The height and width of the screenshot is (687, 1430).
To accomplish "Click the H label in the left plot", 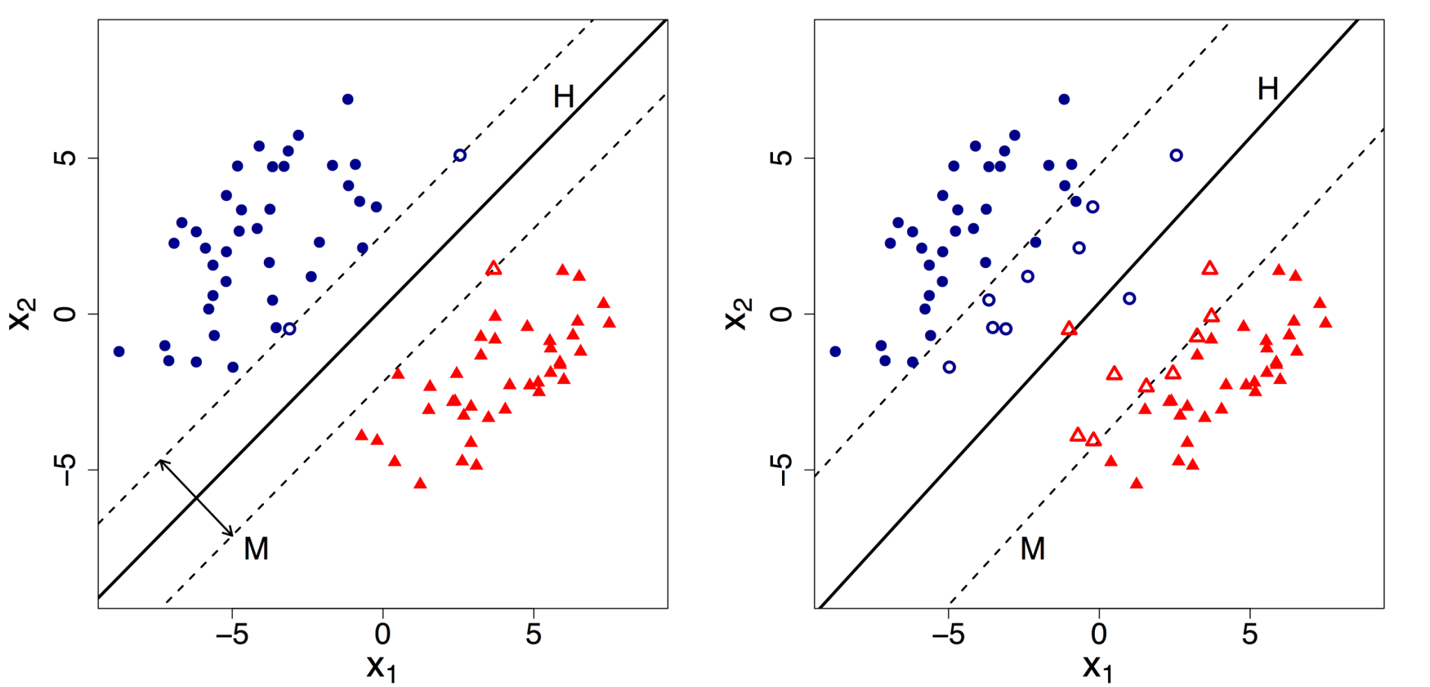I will (563, 97).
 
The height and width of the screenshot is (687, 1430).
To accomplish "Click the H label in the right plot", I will (1268, 89).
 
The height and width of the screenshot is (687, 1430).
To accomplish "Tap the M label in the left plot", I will (256, 549).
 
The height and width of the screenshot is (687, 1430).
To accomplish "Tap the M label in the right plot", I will (1033, 549).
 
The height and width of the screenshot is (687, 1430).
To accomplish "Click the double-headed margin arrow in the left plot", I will (197, 498).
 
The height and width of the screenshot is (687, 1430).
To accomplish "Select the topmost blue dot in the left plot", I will (348, 99).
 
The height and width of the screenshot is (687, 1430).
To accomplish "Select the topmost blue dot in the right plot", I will (1064, 99).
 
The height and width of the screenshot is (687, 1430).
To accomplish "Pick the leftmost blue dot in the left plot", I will (119, 351).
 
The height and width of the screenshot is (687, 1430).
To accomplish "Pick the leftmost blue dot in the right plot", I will (835, 351).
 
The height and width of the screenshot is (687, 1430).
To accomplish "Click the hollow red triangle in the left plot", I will (494, 268).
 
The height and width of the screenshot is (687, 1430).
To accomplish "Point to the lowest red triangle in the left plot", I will (420, 483).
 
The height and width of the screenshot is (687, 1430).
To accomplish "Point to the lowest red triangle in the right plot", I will (1136, 483).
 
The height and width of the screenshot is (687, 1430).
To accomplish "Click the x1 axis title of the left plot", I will (381, 668).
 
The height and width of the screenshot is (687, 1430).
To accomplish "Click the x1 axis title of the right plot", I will (1098, 668).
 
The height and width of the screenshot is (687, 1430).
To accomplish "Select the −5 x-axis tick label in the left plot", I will (233, 634).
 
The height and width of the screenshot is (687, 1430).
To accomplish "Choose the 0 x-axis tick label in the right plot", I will (1099, 634).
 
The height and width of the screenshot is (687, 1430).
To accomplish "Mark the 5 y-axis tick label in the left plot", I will (66, 158).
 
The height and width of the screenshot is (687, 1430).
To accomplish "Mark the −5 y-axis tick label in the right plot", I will (783, 469).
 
